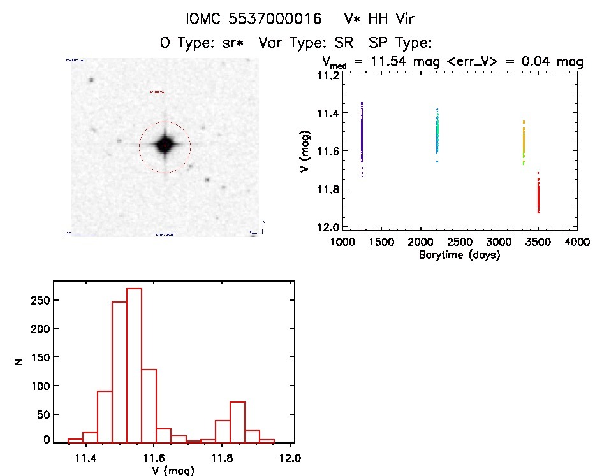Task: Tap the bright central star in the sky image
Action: tap(165, 145)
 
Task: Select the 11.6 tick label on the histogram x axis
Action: tap(154, 458)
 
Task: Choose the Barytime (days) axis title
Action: tap(459, 255)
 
